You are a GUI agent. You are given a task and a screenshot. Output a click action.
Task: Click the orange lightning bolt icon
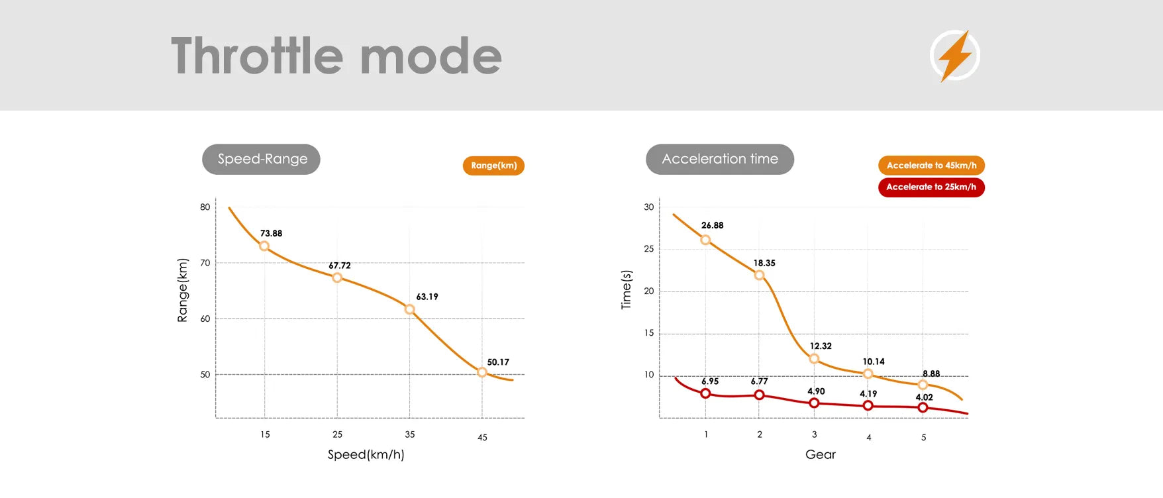click(x=955, y=56)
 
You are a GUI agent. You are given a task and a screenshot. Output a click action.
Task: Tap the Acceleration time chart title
click(x=720, y=160)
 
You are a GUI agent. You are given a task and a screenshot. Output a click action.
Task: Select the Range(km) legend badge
click(x=493, y=166)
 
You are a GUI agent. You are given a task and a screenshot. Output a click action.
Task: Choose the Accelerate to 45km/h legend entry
click(x=931, y=166)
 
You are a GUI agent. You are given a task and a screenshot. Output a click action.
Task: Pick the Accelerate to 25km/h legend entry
click(x=931, y=187)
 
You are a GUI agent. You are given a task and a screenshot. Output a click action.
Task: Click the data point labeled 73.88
click(x=264, y=246)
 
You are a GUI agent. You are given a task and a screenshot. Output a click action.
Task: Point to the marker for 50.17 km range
click(x=482, y=373)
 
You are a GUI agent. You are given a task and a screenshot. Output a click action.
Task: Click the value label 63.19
click(x=427, y=297)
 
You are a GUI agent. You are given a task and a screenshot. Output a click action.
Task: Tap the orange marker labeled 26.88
click(x=705, y=240)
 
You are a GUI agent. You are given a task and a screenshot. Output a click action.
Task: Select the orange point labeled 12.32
click(x=814, y=359)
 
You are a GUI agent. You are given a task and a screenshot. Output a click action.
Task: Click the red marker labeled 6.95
click(x=705, y=393)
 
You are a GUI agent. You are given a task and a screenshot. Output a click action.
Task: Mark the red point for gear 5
click(x=923, y=407)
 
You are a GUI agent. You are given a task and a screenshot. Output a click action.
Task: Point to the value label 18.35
click(x=764, y=263)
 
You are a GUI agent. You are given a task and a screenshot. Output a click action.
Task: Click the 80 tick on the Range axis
click(x=205, y=207)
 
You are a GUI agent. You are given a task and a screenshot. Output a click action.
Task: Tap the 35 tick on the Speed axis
click(x=410, y=434)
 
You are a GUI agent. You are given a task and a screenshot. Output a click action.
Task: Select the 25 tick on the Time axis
click(x=649, y=249)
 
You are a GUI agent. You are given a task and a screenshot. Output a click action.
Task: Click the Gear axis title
click(x=821, y=454)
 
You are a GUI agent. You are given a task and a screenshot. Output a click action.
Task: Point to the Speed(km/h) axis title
click(x=366, y=454)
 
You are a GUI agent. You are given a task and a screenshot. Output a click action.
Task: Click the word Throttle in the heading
click(x=258, y=56)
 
